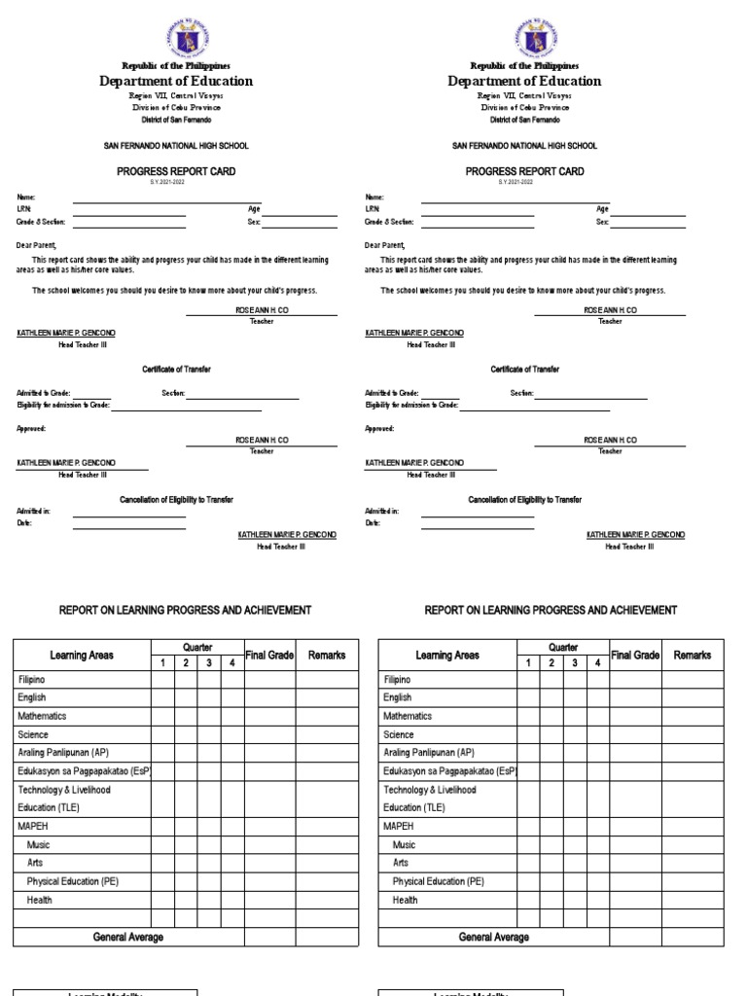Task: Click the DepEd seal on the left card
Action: tap(176, 38)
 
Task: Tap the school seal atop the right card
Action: tap(524, 38)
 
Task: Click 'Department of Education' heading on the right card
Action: tap(524, 82)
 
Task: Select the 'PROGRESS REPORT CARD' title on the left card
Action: tap(176, 171)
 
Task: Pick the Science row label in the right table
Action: tap(399, 734)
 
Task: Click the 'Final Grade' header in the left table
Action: tap(269, 656)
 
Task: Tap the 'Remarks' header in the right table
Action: tap(693, 656)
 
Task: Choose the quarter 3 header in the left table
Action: tap(208, 663)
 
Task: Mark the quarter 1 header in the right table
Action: tap(528, 663)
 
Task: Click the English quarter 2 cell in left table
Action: tap(186, 697)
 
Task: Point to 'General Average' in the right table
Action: tap(494, 937)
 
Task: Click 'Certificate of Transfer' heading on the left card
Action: tap(176, 370)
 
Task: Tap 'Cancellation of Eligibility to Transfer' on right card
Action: tap(524, 499)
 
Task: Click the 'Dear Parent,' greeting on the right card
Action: tap(385, 246)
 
